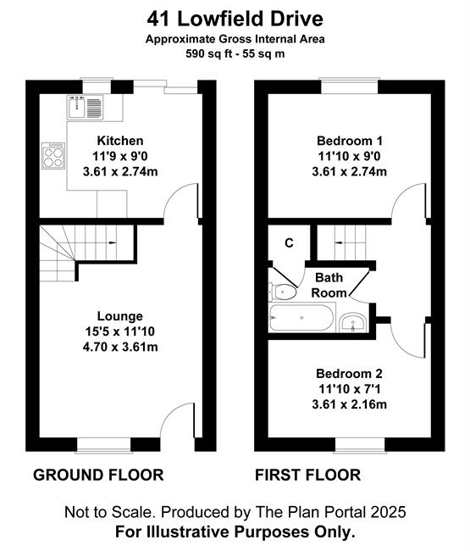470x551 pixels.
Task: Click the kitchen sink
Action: coord(86,107)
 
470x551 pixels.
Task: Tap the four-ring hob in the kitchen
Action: coord(53,156)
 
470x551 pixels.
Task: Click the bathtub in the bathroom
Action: coord(301,318)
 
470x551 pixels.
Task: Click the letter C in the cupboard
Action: coord(289,242)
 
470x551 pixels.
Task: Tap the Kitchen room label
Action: coord(120,141)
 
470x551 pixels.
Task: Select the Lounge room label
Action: coord(120,316)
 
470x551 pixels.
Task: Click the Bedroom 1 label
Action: coord(349,141)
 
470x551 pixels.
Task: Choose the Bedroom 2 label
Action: coord(349,373)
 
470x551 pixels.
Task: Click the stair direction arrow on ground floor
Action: coord(113,242)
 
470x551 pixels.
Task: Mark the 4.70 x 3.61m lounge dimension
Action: coord(120,347)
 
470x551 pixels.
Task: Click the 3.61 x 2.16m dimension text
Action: coord(349,404)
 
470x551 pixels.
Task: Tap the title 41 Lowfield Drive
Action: coord(235,19)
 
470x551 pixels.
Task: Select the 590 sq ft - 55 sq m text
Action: coord(235,53)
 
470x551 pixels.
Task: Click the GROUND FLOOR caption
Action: coord(98,475)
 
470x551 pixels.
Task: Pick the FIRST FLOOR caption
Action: coord(308,475)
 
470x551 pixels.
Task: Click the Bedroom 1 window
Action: coord(349,86)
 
